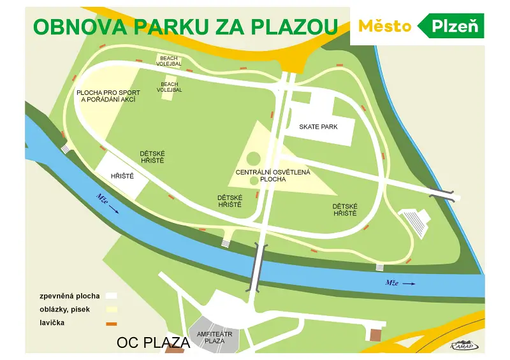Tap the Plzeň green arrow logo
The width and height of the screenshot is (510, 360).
click(451, 26)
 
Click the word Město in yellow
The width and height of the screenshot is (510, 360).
click(384, 26)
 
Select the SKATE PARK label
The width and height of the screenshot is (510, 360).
click(318, 127)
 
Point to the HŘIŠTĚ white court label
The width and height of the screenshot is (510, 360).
click(122, 176)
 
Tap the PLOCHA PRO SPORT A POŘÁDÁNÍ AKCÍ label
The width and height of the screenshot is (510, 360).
click(108, 96)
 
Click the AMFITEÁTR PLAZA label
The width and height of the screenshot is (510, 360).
click(210, 337)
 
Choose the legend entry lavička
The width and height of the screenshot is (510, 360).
click(52, 323)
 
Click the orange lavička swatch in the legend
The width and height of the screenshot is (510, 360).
click(111, 324)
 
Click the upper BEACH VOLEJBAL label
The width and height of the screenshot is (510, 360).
click(169, 61)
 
